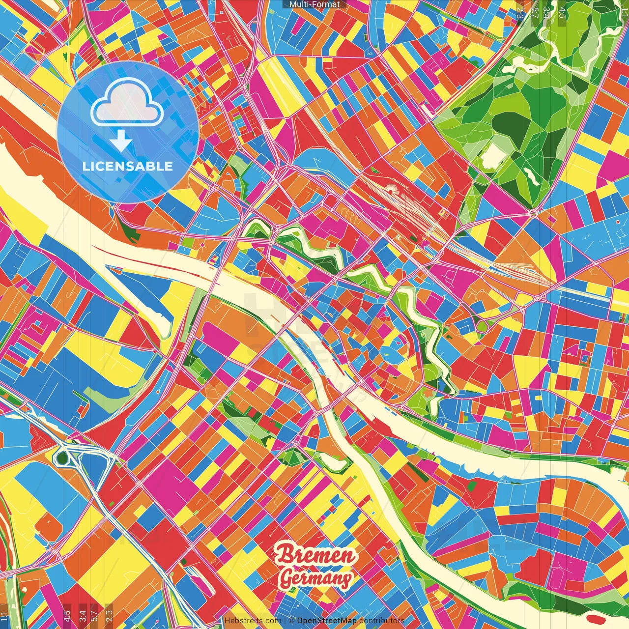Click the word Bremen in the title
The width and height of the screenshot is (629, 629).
[315, 555]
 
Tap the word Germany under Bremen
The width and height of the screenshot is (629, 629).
[315, 578]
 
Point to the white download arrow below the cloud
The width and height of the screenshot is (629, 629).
[120, 141]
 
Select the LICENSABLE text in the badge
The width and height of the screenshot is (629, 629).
[128, 166]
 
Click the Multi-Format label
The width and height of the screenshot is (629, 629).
[314, 4]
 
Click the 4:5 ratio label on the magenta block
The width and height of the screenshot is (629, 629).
[67, 615]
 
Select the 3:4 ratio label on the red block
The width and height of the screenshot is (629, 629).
[83, 615]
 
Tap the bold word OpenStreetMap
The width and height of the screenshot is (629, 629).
[327, 621]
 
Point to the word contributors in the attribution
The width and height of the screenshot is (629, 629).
[382, 621]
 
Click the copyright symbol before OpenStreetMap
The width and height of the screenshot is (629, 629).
[291, 621]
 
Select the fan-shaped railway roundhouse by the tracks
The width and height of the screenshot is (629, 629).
[391, 187]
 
